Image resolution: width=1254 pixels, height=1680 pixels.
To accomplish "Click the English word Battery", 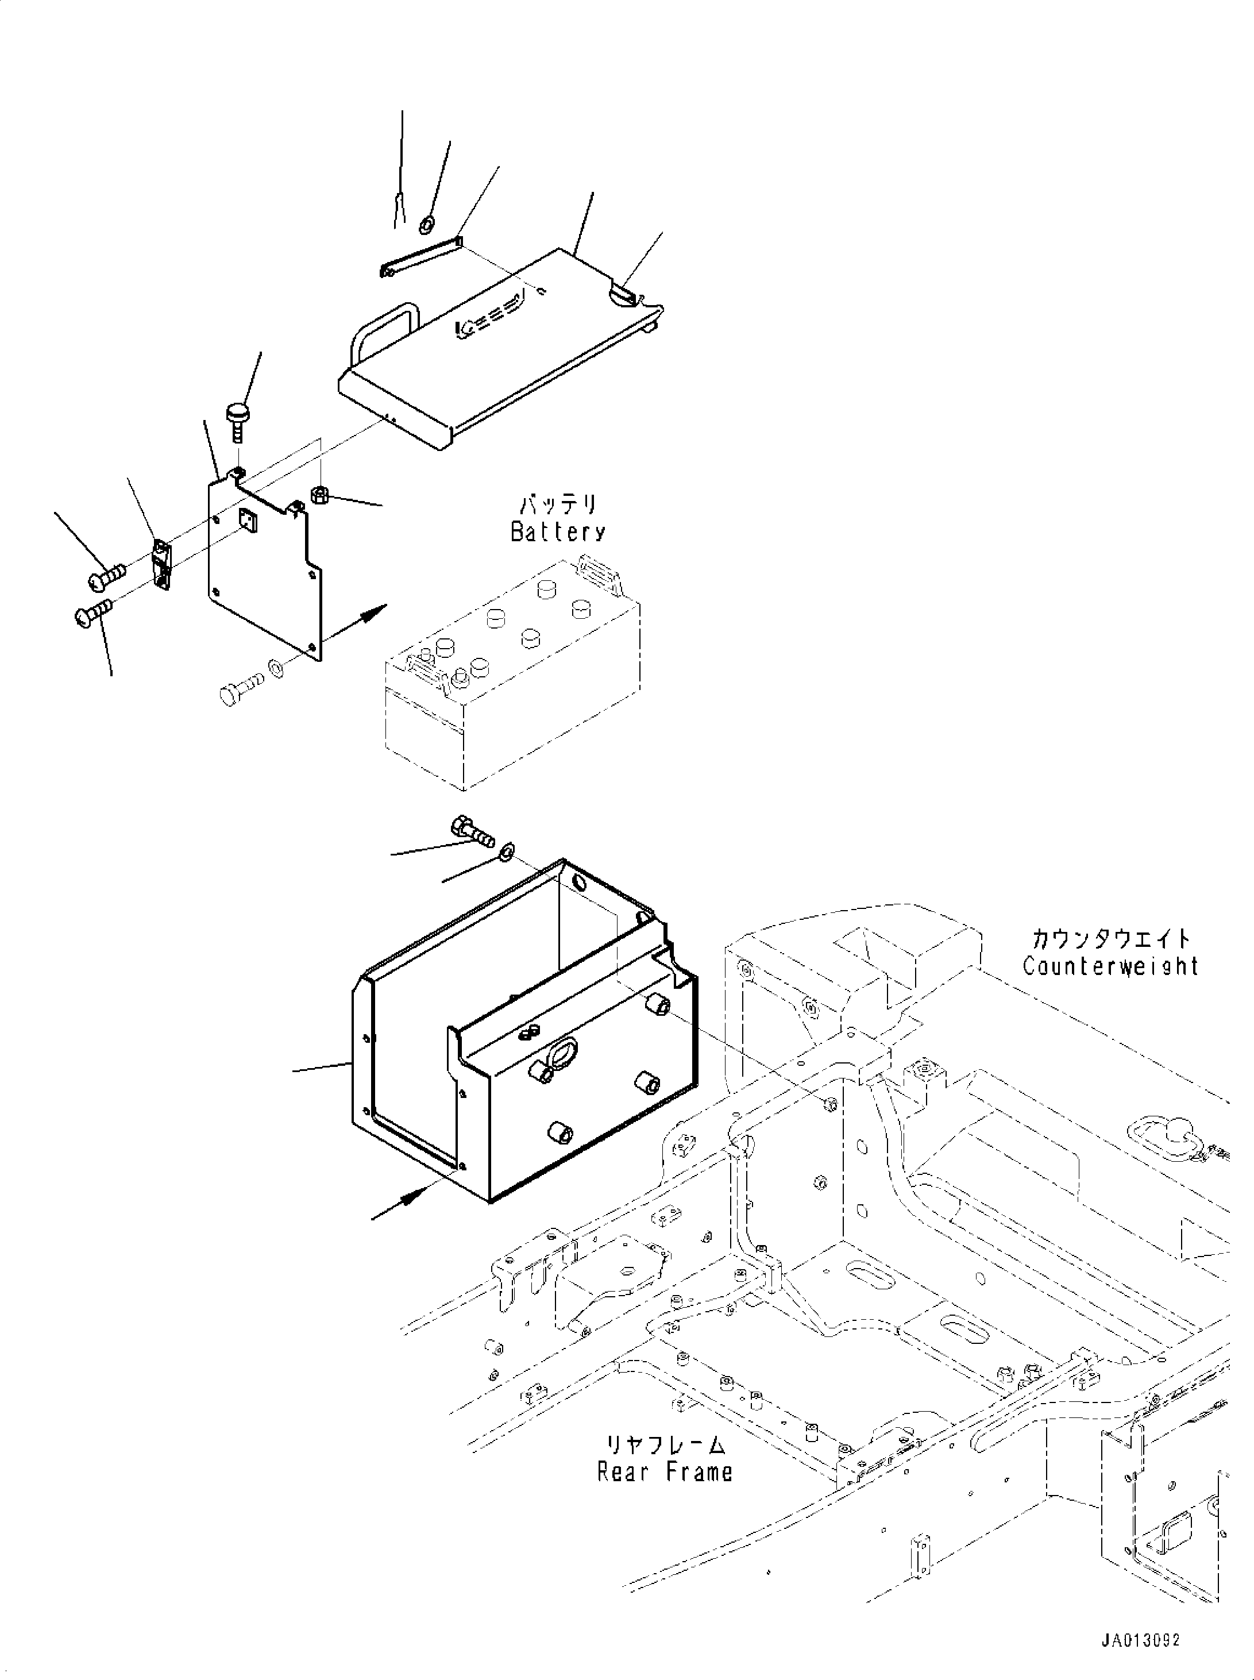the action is point(558,531).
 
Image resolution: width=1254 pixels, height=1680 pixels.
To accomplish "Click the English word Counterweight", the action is point(1110,966).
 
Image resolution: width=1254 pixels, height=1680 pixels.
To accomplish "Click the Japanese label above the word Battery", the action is point(558,505).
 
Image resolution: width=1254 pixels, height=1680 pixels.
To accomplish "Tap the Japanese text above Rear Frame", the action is point(664,1446).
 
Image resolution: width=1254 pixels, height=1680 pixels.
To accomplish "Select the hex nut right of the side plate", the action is point(319,495).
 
